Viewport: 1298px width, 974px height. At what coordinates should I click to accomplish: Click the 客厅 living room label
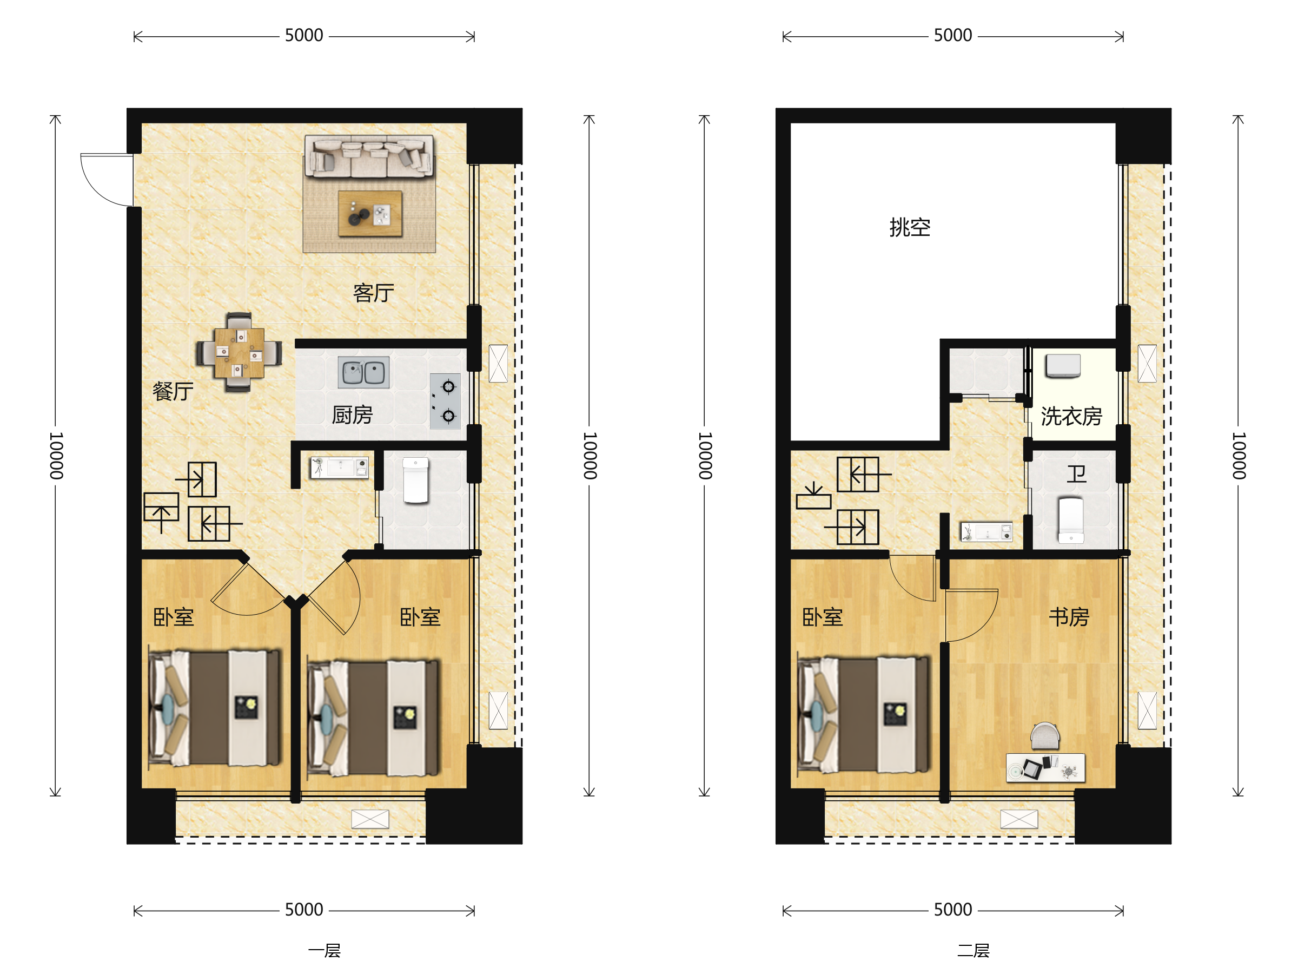[373, 293]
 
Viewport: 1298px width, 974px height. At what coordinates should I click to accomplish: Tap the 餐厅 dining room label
[173, 391]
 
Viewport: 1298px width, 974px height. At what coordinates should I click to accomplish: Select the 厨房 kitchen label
[352, 415]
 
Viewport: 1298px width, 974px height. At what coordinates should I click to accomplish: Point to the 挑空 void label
[910, 227]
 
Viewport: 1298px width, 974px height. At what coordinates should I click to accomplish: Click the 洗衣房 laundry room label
[1071, 416]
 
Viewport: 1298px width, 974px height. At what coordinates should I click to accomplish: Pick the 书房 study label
[1069, 617]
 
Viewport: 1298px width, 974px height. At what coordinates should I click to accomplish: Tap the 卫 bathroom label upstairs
[1076, 474]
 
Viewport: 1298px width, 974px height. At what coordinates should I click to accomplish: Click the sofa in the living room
[369, 156]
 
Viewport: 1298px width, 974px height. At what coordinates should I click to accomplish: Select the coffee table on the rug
[370, 213]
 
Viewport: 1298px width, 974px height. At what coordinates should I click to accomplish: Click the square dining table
[239, 352]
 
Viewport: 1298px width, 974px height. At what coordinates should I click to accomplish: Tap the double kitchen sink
[363, 372]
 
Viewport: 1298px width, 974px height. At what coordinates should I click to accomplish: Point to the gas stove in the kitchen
[446, 402]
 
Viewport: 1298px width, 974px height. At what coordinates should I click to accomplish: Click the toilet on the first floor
[415, 481]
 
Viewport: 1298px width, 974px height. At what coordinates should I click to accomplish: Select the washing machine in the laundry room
[1062, 366]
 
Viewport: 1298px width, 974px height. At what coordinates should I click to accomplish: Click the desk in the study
[1045, 767]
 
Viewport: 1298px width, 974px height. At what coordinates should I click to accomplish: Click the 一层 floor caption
[324, 951]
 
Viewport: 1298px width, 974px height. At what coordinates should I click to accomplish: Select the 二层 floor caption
[973, 951]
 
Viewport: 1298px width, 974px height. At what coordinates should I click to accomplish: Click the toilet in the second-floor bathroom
[1070, 519]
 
